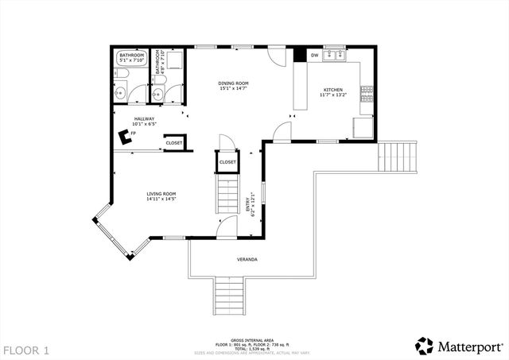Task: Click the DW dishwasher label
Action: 315,56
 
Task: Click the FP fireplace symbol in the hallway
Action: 124,137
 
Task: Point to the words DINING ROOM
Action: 234,83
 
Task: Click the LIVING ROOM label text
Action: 161,194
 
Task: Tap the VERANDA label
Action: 247,260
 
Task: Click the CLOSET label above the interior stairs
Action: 227,162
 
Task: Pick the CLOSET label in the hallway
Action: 173,143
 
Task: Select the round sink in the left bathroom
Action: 119,93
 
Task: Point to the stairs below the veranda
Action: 230,296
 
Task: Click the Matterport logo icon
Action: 425,346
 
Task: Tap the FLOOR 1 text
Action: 26,350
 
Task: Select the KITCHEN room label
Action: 332,90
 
